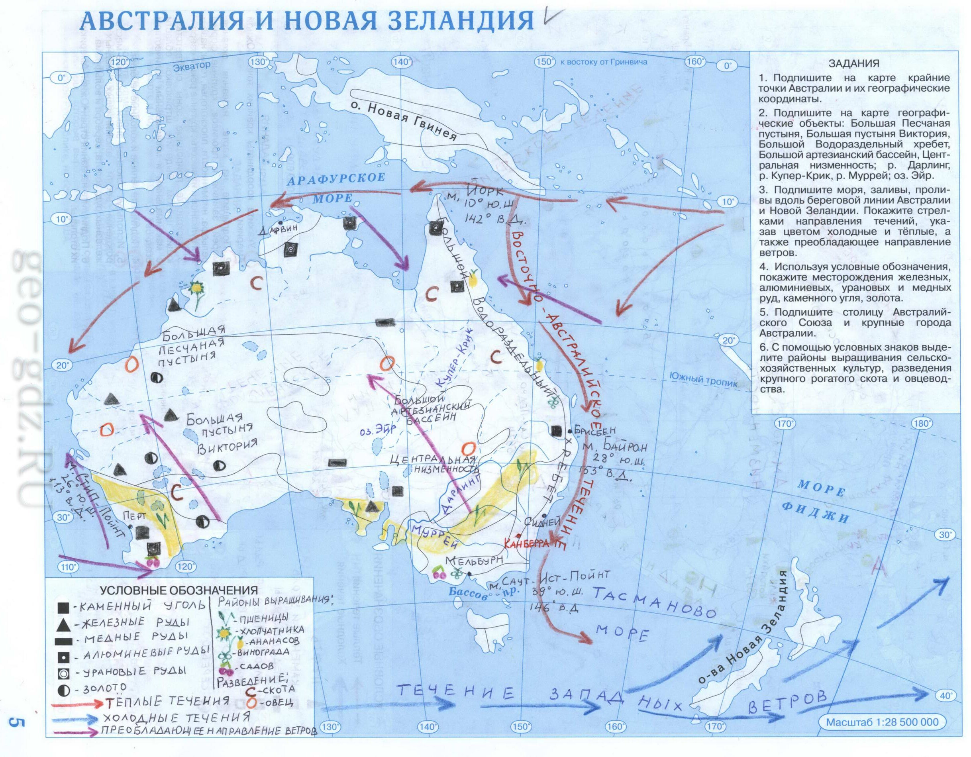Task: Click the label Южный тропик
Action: point(703,380)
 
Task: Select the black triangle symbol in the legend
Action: point(63,625)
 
